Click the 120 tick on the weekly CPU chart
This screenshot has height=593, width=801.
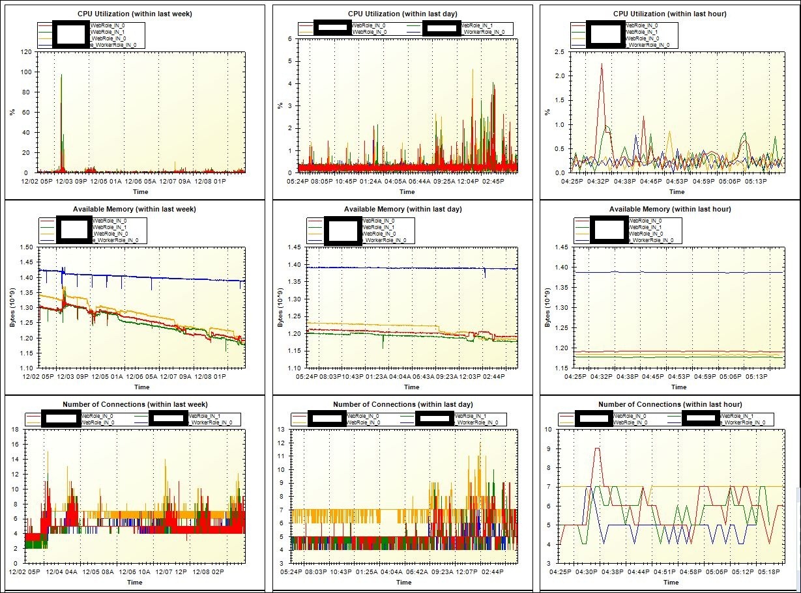click(x=27, y=51)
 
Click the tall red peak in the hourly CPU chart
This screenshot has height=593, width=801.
click(x=601, y=64)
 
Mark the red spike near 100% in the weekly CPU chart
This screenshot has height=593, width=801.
click(x=61, y=76)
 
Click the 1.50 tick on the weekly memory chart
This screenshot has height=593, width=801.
click(x=27, y=248)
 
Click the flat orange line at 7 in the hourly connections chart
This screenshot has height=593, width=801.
click(x=717, y=486)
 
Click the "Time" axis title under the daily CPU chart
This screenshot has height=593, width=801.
click(x=407, y=191)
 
